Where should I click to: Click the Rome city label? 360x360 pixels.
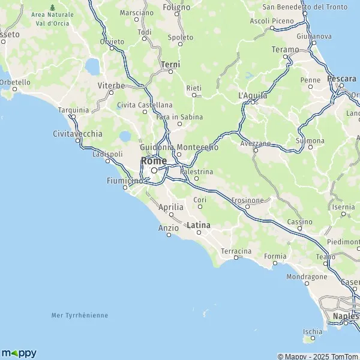(x=154, y=160)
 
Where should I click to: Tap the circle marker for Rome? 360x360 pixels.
(x=154, y=170)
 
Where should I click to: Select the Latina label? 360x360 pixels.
(x=199, y=225)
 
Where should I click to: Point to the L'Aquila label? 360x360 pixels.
(x=251, y=95)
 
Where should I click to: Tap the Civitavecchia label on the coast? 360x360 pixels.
(x=77, y=133)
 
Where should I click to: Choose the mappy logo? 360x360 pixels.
(x=19, y=353)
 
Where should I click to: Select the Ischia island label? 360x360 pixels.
(x=313, y=331)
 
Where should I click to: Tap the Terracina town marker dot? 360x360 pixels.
(x=236, y=258)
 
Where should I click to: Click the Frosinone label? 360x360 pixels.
(x=247, y=200)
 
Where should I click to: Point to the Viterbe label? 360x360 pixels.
(x=111, y=85)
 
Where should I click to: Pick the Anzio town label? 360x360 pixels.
(x=168, y=227)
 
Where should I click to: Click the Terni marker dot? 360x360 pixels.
(x=170, y=72)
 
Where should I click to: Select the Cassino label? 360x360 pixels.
(x=299, y=221)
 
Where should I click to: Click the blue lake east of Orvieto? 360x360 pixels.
(x=93, y=65)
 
